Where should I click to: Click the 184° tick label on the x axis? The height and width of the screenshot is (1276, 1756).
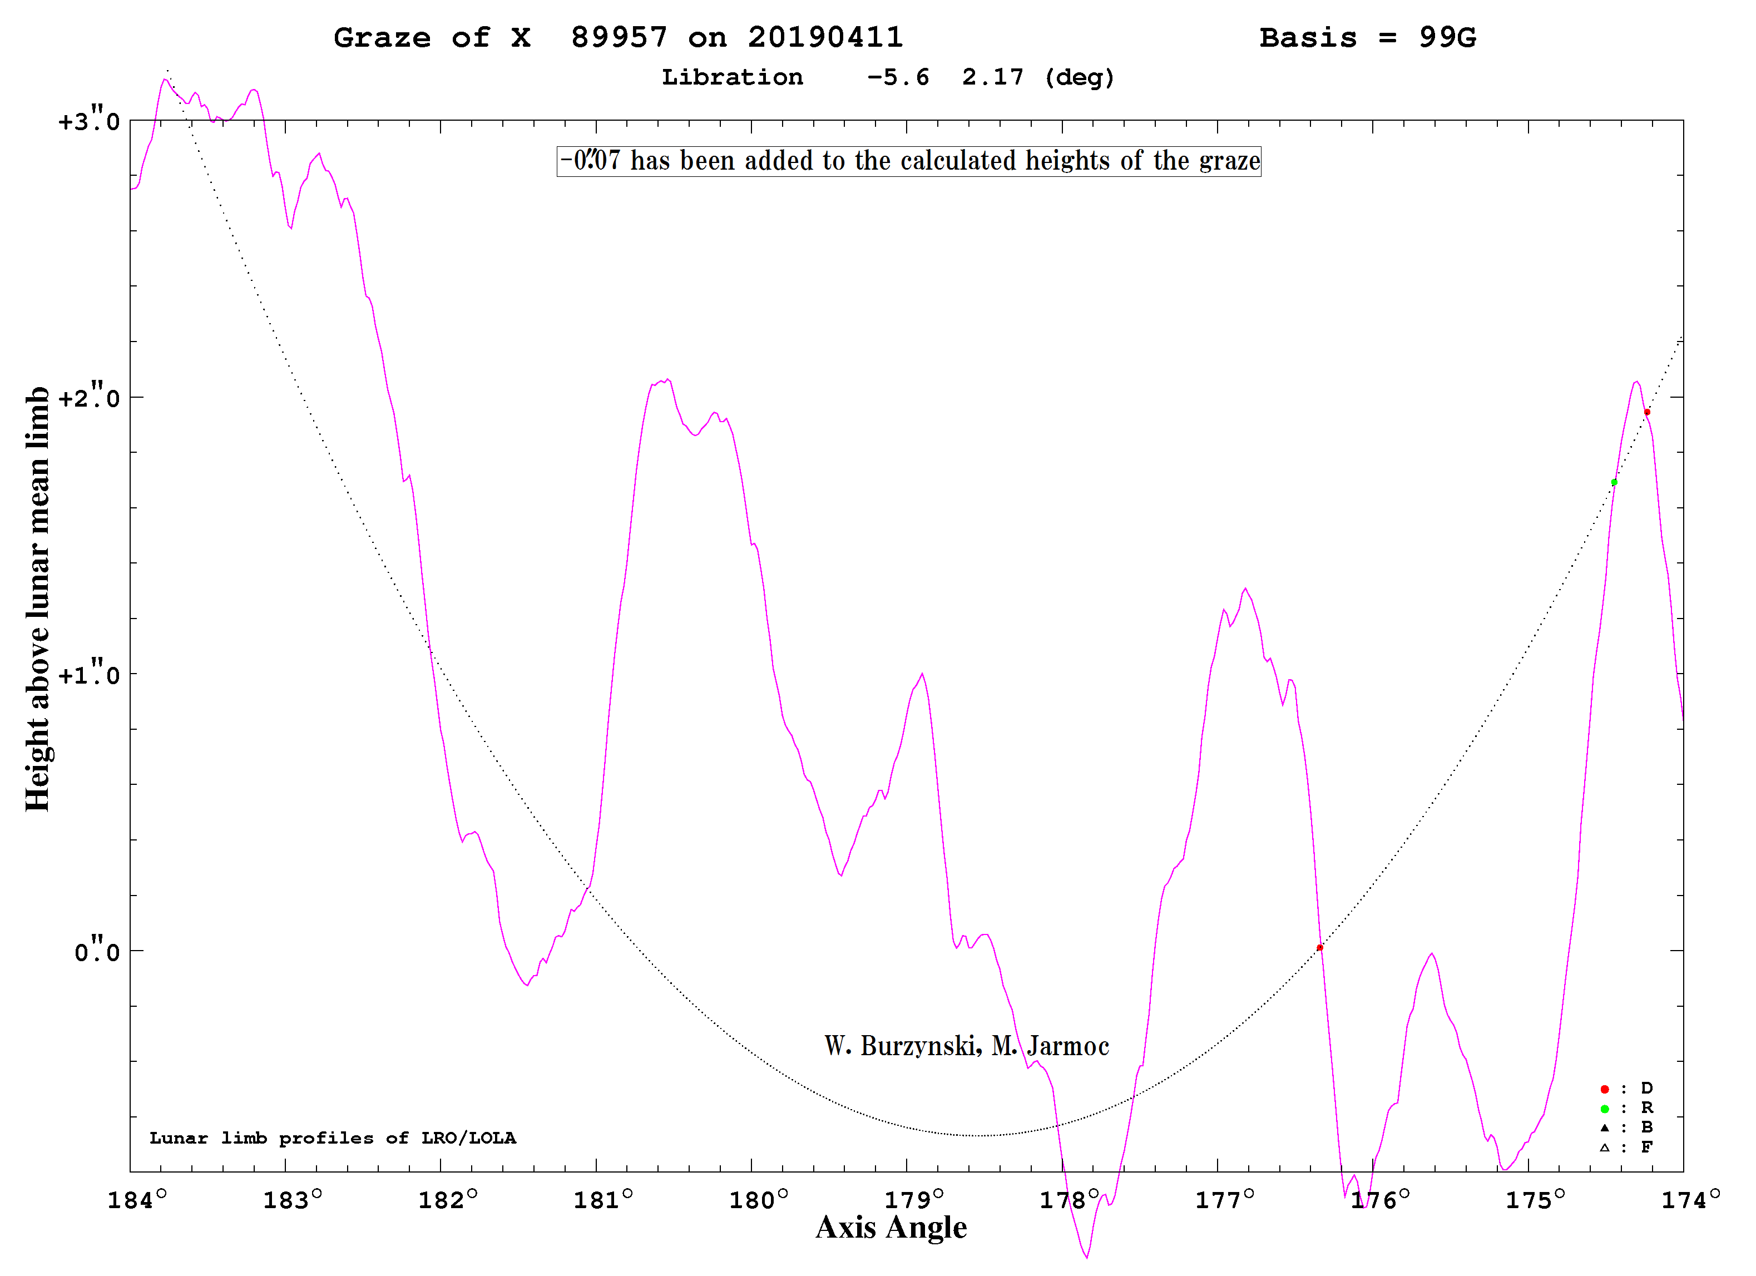point(137,1201)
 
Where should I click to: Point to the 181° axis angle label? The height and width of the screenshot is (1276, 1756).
point(603,1201)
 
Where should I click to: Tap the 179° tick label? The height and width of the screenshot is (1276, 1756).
point(914,1201)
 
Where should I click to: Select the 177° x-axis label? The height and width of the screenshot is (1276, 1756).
point(1225,1201)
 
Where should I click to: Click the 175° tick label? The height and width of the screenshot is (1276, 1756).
point(1535,1201)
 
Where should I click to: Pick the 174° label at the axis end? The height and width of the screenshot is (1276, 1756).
point(1691,1201)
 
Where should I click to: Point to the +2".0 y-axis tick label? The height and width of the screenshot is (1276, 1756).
point(89,397)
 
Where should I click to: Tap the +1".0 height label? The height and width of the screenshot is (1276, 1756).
point(89,674)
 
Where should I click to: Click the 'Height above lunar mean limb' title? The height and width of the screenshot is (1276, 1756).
point(37,599)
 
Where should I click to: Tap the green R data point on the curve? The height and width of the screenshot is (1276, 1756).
point(1614,482)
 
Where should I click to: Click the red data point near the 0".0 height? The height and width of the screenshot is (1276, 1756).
point(1320,948)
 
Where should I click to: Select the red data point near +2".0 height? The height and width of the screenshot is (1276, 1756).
point(1647,412)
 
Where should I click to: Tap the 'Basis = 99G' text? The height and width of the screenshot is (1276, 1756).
point(1368,38)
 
